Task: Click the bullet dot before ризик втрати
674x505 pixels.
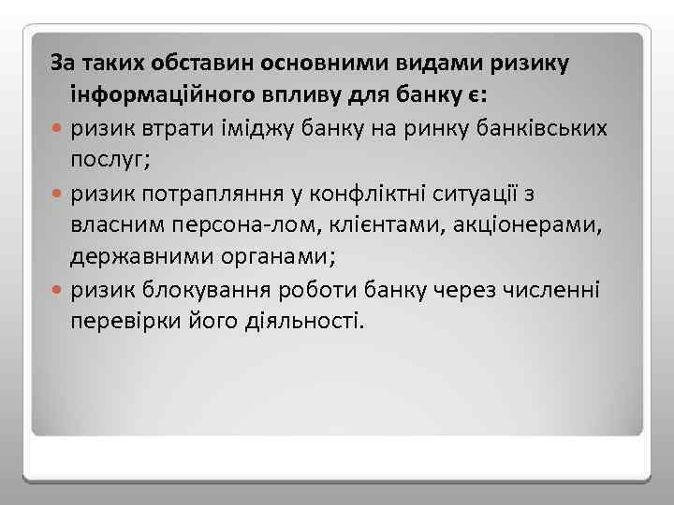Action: [x=59, y=129]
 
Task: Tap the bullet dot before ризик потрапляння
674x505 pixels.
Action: [x=59, y=194]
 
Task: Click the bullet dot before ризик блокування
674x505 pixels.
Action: [x=59, y=290]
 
